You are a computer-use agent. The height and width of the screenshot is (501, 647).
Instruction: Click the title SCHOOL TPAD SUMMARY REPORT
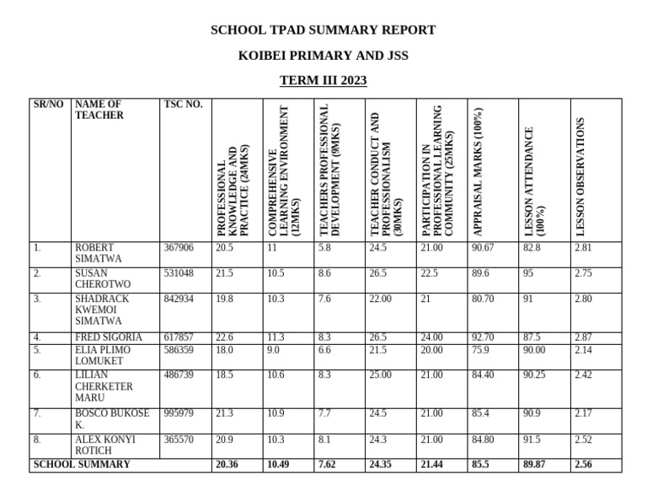coord(323,30)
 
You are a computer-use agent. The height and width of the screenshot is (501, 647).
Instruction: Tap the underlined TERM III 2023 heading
coord(323,81)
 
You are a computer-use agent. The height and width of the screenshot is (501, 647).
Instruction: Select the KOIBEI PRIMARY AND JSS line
coord(323,56)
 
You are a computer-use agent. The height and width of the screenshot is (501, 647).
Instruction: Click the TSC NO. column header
coord(183,105)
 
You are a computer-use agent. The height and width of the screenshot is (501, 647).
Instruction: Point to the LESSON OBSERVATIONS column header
coord(580,177)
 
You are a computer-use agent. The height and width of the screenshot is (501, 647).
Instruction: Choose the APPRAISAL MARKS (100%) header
coord(478,172)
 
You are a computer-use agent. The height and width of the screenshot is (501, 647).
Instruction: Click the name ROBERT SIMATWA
coord(99,253)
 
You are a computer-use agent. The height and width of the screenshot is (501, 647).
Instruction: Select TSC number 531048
coord(178,274)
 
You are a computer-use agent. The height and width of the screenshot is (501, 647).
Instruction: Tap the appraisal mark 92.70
coord(484,337)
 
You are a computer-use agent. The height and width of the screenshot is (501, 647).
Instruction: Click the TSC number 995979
coord(178,413)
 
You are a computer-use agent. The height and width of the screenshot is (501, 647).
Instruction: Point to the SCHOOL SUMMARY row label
coord(82,465)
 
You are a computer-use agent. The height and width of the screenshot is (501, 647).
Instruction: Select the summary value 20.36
coord(227,465)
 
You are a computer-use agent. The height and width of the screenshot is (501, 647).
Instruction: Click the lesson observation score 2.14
coord(583,348)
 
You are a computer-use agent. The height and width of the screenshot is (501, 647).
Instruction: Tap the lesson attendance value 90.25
coord(534,375)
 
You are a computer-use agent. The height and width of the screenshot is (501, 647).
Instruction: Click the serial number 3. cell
coord(37,299)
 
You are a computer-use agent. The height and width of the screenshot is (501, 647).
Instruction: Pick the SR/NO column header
coord(48,105)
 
